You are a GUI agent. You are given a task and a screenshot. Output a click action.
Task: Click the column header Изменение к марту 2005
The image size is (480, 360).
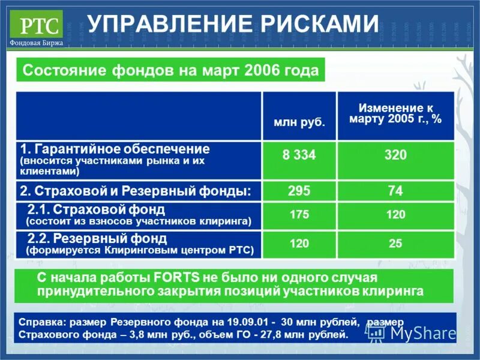point(395,113)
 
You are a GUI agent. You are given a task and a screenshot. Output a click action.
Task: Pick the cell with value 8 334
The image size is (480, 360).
point(299,155)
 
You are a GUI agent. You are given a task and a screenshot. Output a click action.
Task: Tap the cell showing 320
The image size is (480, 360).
point(395,155)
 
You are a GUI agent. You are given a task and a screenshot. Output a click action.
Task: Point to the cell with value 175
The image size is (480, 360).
point(299,214)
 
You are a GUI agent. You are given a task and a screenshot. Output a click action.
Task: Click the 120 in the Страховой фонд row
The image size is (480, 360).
point(395,214)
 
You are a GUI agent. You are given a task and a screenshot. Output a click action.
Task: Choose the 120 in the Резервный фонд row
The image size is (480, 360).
point(299,244)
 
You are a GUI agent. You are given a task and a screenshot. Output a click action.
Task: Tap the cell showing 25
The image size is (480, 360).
point(395,244)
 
